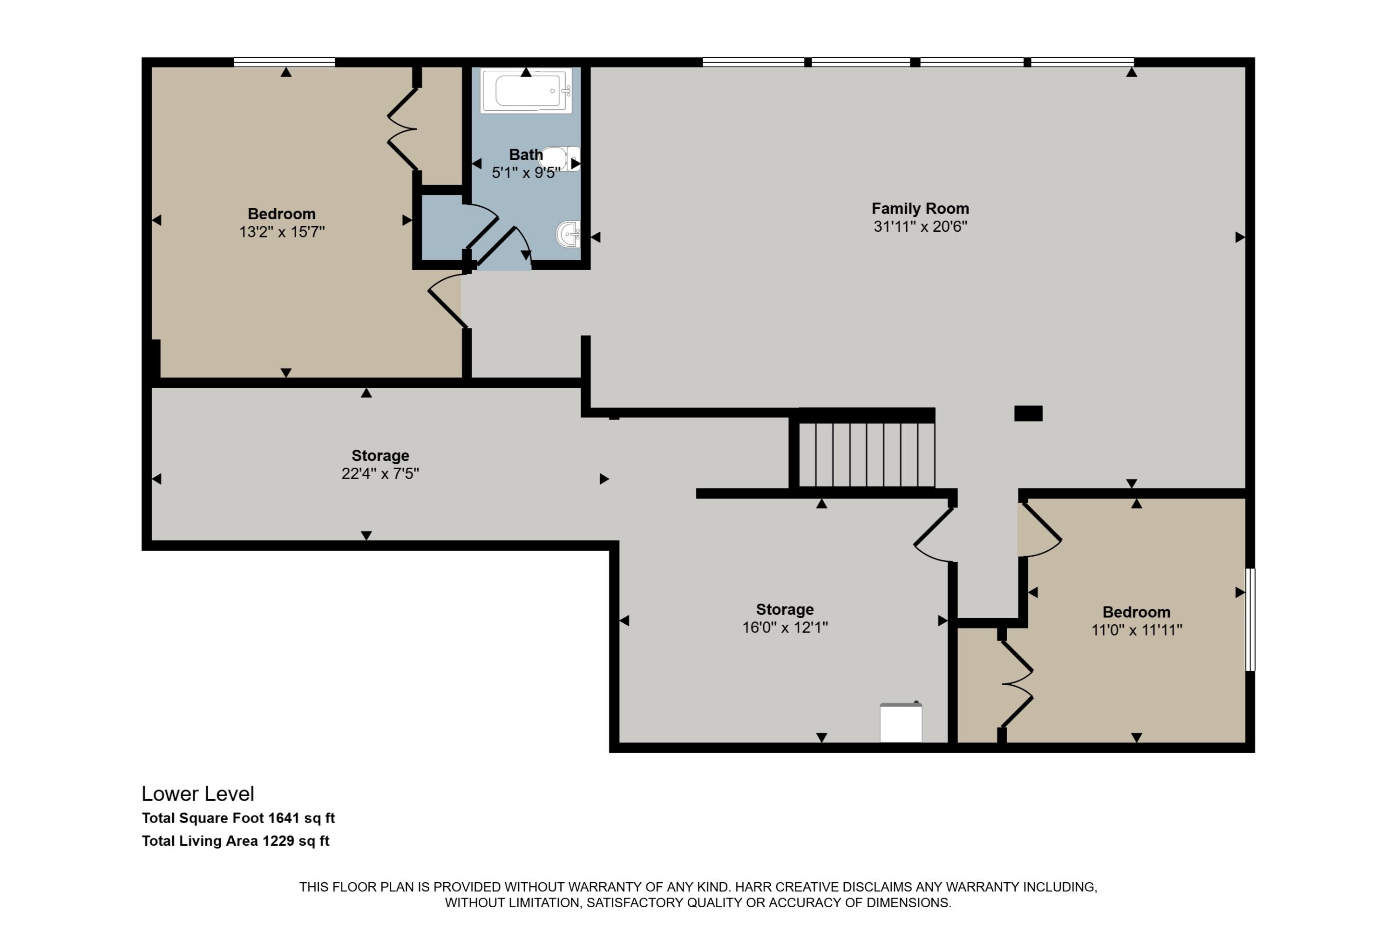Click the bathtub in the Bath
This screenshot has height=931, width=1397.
point(526,91)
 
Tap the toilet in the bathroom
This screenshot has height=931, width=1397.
point(559,159)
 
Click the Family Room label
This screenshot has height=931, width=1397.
point(920,209)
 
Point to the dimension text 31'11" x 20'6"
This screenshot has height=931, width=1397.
point(920,226)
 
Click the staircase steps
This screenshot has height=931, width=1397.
point(866,455)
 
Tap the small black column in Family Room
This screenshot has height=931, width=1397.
point(1028,413)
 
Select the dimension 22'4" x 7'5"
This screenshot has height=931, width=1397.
point(380,474)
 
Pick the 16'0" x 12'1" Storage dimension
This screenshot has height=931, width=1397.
point(785,627)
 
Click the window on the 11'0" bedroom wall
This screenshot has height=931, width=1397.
point(1250,619)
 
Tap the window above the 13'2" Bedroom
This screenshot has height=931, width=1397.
point(285,62)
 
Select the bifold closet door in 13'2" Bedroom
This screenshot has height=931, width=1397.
point(402,129)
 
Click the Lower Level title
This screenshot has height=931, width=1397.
point(198,794)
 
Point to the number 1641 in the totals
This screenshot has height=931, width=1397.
point(284,818)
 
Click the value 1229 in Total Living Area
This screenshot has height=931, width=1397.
point(278,841)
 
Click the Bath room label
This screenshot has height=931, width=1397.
point(526,155)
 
